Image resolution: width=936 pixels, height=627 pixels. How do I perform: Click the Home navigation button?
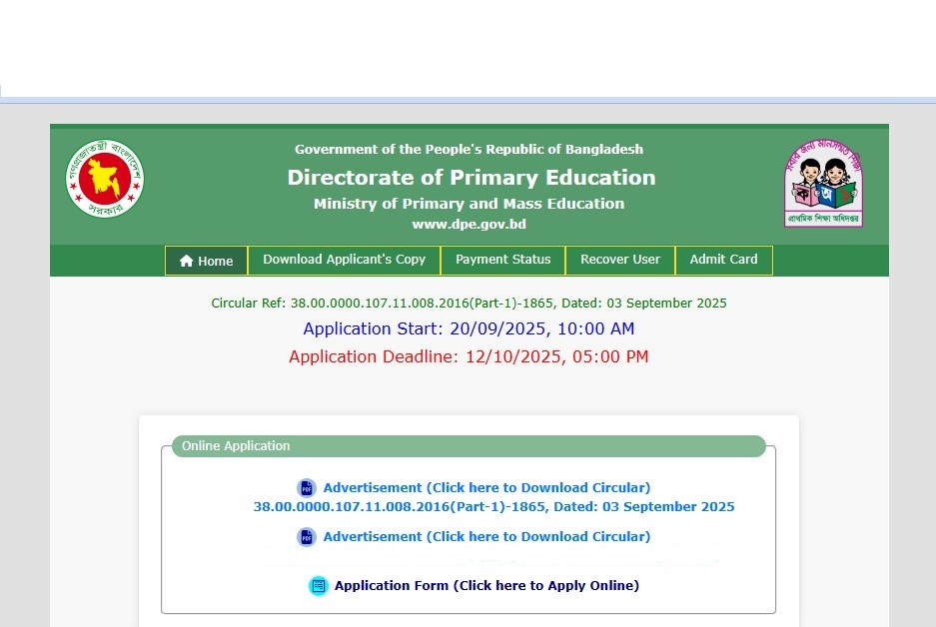207,261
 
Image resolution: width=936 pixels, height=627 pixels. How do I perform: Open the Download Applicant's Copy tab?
344,260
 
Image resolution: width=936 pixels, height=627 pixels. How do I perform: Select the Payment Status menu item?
502,260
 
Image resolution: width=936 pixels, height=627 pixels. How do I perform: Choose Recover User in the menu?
619,260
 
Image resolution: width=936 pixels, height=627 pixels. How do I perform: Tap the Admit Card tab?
723,260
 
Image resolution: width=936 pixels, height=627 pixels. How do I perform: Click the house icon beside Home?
187,261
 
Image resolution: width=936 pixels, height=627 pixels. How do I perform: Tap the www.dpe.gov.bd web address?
468,224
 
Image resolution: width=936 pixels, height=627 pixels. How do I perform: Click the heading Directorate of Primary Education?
471,178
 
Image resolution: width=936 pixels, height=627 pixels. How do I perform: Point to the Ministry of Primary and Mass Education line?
468,204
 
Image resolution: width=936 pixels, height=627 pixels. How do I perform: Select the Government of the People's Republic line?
468,150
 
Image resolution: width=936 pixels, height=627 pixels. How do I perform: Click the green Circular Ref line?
468,303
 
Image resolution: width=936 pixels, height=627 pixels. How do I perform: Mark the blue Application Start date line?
468,328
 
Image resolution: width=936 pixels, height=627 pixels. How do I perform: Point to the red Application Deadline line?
468,356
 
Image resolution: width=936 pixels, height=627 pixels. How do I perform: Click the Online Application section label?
236,446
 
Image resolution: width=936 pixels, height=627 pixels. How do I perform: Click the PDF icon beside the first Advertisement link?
307,488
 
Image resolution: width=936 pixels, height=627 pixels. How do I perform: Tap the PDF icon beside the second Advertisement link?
307,537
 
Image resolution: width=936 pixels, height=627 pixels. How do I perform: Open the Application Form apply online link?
486,586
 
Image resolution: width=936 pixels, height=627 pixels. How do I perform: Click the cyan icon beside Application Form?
319,586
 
